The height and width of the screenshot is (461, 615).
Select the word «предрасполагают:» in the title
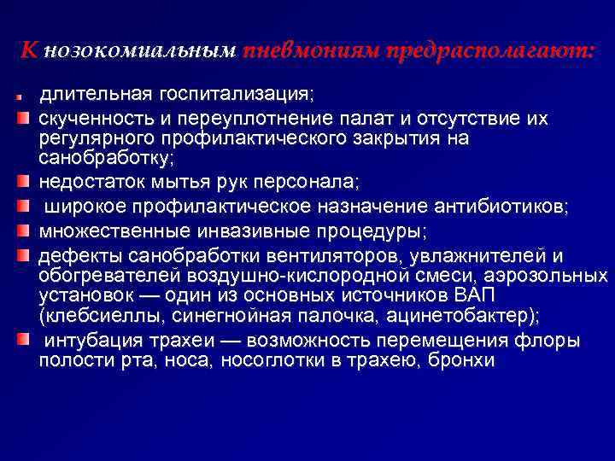[489, 51]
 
